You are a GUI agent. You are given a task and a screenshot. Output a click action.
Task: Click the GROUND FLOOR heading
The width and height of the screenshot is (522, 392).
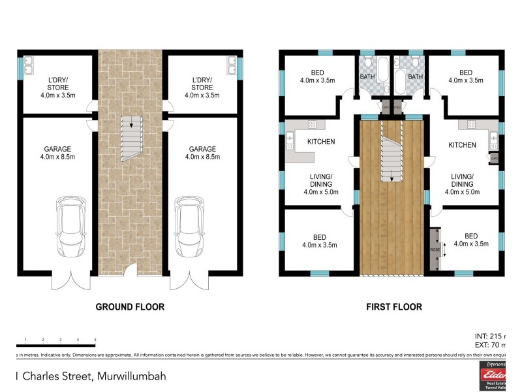tap(130, 306)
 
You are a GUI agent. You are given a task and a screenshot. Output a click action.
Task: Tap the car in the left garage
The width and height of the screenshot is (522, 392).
tap(69, 220)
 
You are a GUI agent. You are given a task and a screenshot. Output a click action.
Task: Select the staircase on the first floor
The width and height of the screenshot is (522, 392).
tap(390, 154)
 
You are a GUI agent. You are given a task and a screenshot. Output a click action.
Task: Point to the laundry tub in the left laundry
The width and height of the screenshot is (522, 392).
tap(30, 65)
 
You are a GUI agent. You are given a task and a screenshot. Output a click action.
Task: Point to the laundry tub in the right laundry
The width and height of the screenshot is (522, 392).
tap(232, 65)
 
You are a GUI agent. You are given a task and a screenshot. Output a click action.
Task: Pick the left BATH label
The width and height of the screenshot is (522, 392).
tap(368, 77)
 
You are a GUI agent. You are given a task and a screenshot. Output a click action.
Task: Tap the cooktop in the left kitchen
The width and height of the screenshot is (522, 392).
tap(312, 124)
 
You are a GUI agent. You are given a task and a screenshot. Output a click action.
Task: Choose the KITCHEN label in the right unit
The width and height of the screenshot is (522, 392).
tap(462, 145)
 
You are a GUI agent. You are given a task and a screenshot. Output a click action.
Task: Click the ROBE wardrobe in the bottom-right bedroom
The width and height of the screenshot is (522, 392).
tap(434, 249)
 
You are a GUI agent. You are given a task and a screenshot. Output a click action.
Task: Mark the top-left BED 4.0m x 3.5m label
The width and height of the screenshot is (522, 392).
tap(317, 77)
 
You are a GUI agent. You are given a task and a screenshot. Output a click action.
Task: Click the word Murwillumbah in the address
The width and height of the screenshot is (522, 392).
tap(134, 376)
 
